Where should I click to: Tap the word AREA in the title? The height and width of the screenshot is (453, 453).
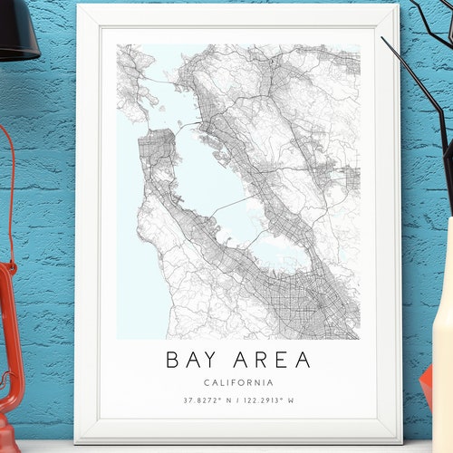[x=271, y=360]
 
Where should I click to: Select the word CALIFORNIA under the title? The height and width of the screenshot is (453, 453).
[x=239, y=382]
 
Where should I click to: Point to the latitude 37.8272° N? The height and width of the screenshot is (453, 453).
[x=207, y=400]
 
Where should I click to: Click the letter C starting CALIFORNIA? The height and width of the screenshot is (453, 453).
[x=208, y=382]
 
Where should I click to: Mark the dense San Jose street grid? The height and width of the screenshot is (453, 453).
[x=308, y=308]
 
